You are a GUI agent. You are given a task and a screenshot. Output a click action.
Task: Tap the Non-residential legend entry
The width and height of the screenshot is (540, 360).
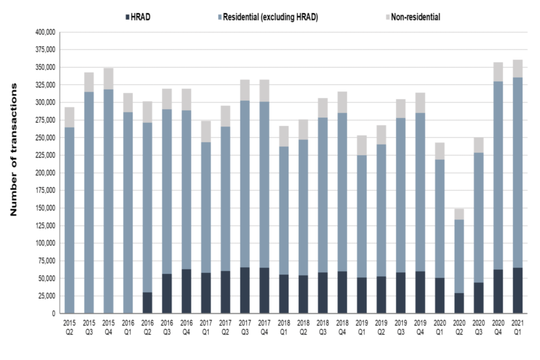pos(416,17)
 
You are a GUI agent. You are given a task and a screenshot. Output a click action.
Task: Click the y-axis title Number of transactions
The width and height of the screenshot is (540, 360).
pos(15,150)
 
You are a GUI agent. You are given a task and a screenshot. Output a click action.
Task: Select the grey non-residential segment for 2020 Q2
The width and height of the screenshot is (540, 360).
pos(458,214)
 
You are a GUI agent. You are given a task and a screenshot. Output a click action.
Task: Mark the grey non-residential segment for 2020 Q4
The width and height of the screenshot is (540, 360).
pos(497,72)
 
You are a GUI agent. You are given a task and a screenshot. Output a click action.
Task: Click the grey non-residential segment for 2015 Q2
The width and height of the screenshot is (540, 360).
pos(69,118)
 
